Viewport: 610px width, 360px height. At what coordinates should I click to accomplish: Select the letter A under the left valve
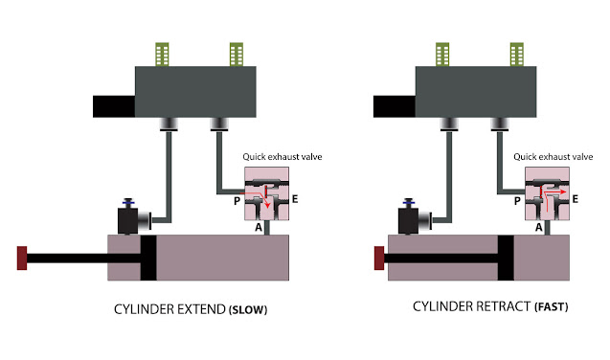[x=259, y=227]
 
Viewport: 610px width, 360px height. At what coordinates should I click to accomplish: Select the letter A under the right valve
[x=539, y=227]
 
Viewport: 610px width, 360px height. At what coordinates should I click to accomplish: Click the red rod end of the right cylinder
[x=379, y=257]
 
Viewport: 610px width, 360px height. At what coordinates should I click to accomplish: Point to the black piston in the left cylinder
[x=148, y=258]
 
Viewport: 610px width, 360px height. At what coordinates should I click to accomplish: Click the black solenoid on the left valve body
[x=112, y=106]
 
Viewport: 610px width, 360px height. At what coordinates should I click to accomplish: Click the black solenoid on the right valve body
[x=392, y=106]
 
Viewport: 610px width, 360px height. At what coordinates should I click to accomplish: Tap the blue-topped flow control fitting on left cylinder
[x=126, y=218]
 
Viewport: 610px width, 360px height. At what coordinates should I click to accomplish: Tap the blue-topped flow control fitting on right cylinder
[x=407, y=218]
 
